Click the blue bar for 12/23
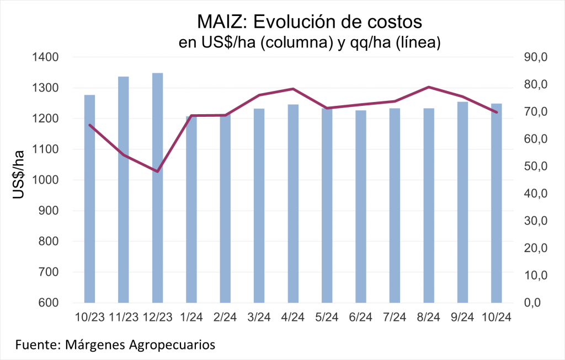point(157,187)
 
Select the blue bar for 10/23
point(89,198)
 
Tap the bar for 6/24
point(361,207)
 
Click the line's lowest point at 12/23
point(157,171)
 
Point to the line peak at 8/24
point(429,87)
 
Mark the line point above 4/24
point(293,89)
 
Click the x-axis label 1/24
point(191,318)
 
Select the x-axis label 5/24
point(327,318)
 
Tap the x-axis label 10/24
point(496,318)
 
